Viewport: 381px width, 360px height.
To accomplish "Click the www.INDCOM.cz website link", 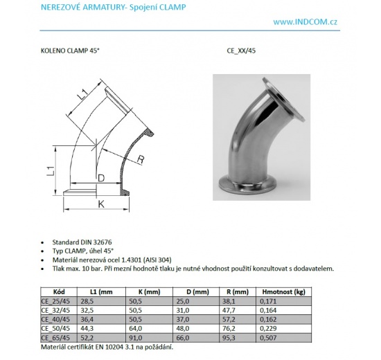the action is (305, 21).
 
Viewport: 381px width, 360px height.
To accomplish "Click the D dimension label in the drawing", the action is (101, 179).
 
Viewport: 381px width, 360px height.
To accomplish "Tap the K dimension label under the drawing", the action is (100, 204).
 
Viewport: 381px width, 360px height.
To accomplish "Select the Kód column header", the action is (60, 292).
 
